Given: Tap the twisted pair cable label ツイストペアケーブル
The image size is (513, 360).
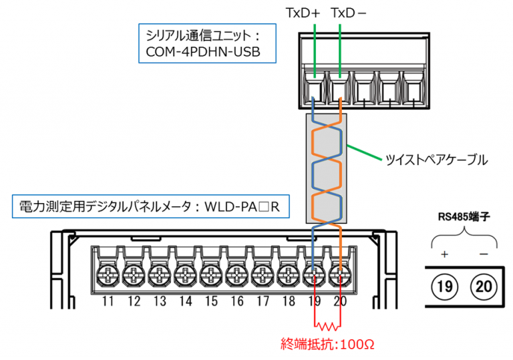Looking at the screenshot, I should point(436,160).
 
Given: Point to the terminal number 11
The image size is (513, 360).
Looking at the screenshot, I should point(108,301).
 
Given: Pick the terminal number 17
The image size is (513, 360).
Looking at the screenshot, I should point(263,301).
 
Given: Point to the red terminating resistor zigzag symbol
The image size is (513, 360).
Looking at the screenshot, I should point(327,326).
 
